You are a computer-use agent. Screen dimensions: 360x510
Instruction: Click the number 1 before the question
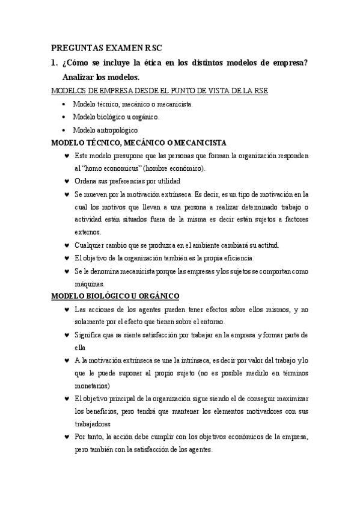[53, 63]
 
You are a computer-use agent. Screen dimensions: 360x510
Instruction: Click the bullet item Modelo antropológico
[105, 129]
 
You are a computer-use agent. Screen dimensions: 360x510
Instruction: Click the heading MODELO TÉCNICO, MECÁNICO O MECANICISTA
[138, 143]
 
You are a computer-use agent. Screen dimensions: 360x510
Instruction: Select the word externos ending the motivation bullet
[88, 232]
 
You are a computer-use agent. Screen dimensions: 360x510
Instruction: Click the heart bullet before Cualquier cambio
[66, 245]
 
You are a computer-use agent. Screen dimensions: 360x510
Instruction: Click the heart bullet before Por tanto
[66, 437]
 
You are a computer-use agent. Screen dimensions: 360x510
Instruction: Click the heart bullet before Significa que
[66, 334]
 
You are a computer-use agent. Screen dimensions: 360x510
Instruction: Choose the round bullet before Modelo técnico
[65, 104]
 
